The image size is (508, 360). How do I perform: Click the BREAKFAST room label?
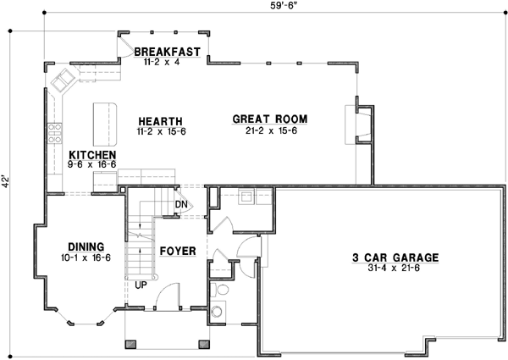[167, 52]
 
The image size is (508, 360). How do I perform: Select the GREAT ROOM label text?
[269, 119]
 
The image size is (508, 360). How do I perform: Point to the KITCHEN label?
[92, 156]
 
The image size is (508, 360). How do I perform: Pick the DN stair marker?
[181, 204]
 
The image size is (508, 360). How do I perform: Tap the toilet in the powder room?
[222, 309]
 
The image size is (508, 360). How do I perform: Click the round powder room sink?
[223, 290]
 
